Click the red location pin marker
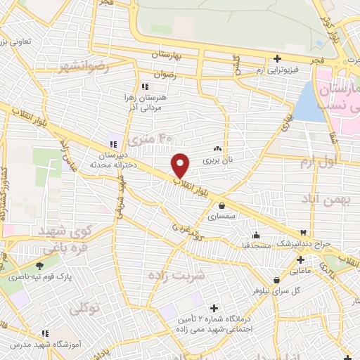click(181, 165)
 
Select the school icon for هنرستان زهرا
click(145, 86)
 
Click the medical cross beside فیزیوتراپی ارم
click(278, 58)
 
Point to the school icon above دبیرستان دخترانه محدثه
click(112, 143)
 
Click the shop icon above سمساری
click(222, 206)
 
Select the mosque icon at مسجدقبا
click(255, 236)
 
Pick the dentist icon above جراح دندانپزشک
click(303, 233)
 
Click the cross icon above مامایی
click(300, 259)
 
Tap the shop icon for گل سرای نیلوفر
click(277, 280)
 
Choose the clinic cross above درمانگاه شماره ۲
click(214, 308)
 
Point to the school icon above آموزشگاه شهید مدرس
click(45, 333)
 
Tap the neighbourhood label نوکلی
click(84, 307)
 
